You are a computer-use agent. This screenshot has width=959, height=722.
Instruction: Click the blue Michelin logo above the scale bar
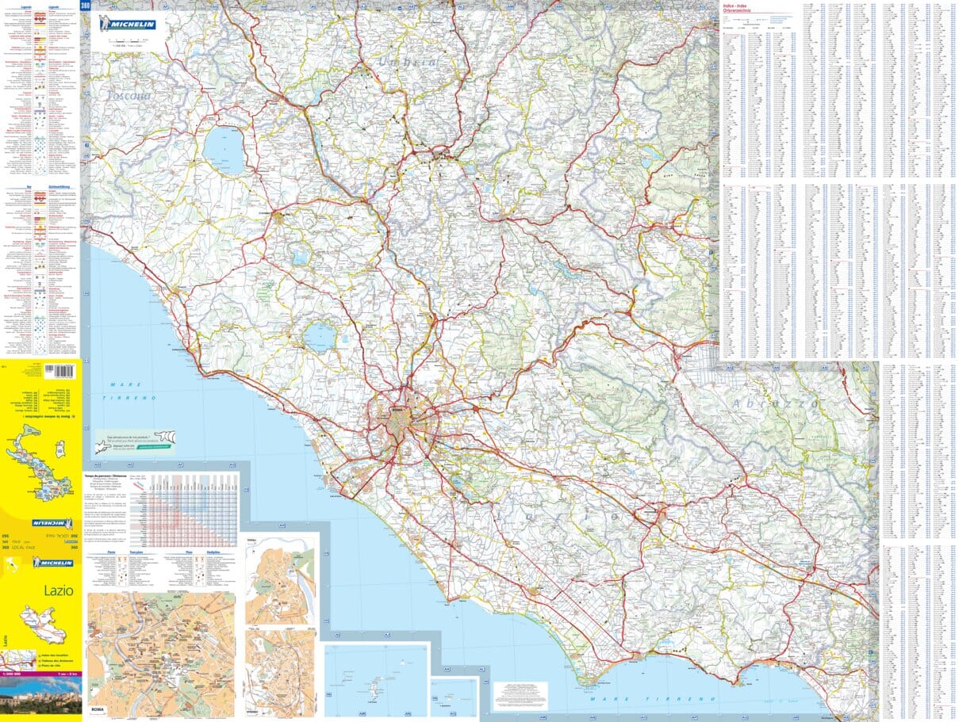point(128,24)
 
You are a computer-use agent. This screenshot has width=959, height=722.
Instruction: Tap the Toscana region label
point(128,96)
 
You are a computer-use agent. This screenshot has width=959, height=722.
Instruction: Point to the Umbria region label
point(407,61)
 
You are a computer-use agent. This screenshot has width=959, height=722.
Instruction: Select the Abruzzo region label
point(775,403)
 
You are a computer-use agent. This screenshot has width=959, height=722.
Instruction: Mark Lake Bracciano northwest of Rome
point(320,336)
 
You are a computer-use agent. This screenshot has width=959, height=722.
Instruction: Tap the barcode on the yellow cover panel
point(60,372)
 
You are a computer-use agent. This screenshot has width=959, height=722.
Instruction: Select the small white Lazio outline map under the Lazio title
point(40,619)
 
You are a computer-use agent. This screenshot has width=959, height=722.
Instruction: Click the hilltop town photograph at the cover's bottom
point(40,701)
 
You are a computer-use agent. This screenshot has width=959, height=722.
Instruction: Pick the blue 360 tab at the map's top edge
point(85,6)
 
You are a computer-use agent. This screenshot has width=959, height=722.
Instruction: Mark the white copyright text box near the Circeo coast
point(520,694)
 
